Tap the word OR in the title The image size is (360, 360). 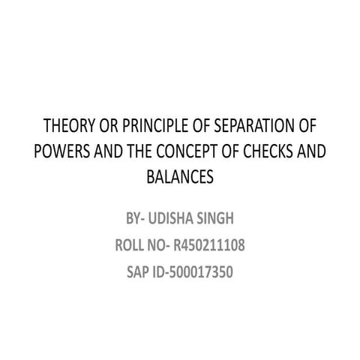tap(109, 124)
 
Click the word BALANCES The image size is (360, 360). tap(180, 178)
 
